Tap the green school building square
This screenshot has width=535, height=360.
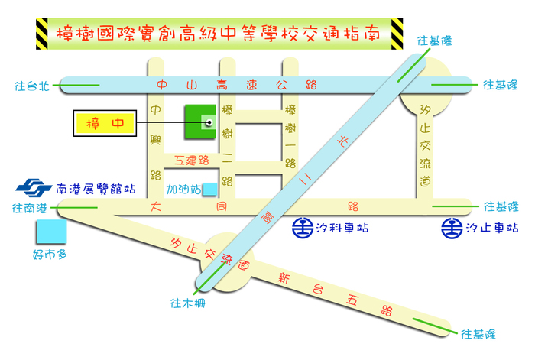(199, 122)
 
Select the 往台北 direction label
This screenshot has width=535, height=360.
(31, 86)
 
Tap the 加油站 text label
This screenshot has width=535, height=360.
(184, 188)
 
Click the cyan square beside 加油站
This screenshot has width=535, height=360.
(209, 189)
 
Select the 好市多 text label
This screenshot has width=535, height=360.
(50, 255)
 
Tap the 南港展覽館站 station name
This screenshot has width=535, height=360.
(97, 187)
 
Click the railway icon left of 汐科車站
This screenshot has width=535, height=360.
(301, 227)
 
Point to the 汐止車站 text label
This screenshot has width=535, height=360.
(491, 227)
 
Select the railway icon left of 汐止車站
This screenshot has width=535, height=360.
(451, 227)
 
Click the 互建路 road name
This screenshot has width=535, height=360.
(191, 161)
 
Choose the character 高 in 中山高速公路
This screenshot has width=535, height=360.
(222, 85)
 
